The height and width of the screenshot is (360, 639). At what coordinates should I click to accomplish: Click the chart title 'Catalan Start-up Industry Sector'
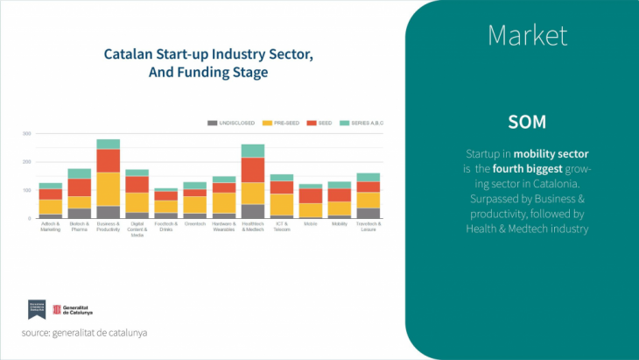pyautogui.click(x=208, y=54)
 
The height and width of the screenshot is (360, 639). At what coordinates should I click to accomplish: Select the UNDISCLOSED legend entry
pyautogui.click(x=233, y=123)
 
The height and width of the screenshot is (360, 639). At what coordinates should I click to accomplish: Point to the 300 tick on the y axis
pyautogui.click(x=26, y=134)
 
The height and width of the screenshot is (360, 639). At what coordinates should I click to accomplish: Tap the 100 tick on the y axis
pyautogui.click(x=26, y=190)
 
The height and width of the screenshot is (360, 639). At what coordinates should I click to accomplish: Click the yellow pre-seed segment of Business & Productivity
pyautogui.click(x=109, y=189)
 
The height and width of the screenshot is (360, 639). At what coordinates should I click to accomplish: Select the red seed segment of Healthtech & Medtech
pyautogui.click(x=253, y=170)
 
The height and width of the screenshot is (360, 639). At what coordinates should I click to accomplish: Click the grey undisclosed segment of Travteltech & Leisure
pyautogui.click(x=369, y=213)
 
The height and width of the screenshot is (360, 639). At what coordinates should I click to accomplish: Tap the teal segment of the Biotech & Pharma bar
pyautogui.click(x=80, y=173)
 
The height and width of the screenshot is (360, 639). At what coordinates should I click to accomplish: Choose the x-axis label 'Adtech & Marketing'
pyautogui.click(x=51, y=226)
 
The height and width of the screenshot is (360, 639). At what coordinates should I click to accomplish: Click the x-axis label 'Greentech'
pyautogui.click(x=195, y=224)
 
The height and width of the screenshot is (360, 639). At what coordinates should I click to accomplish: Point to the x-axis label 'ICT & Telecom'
pyautogui.click(x=282, y=226)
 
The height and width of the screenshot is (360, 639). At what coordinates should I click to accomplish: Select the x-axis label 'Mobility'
pyautogui.click(x=340, y=224)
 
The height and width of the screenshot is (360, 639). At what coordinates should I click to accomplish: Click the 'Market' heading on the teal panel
pyautogui.click(x=527, y=35)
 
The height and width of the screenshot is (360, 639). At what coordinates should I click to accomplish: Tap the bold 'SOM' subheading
pyautogui.click(x=527, y=121)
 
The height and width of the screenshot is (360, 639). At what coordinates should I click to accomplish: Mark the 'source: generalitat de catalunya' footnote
pyautogui.click(x=85, y=333)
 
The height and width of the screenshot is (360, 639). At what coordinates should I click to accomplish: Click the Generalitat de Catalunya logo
pyautogui.click(x=73, y=309)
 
